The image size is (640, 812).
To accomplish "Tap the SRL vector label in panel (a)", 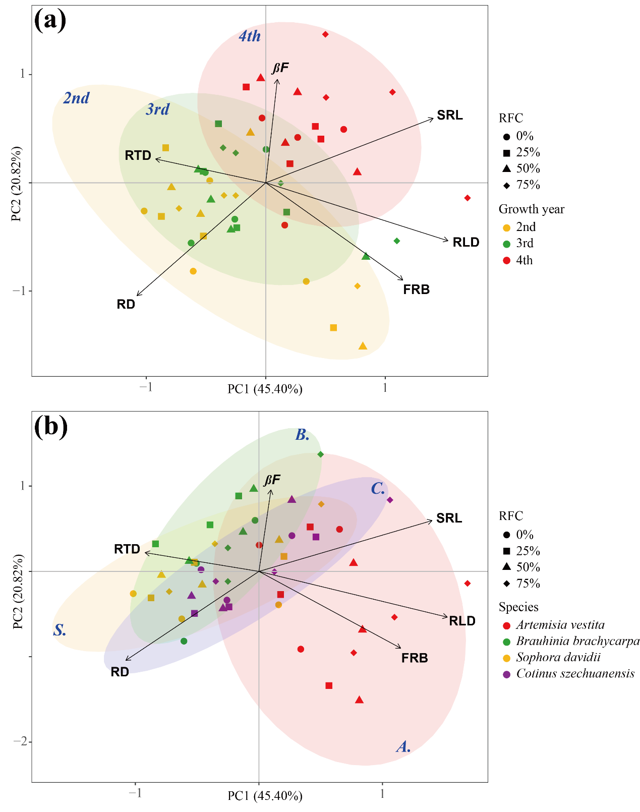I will pos(449,115).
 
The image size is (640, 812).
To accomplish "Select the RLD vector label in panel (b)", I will pos(462,621).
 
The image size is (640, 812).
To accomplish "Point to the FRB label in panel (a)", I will pos(416,290).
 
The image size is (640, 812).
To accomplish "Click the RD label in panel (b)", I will pos(120,672).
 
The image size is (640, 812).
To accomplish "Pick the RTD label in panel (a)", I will pos(138,155).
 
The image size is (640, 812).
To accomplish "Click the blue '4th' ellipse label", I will pos(250,36).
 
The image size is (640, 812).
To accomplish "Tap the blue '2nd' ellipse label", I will pos(76,98).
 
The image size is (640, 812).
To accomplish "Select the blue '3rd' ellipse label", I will pos(158,109).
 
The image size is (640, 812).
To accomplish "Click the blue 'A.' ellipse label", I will pos(403,747).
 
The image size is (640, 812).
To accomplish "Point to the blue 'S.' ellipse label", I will pos(60,630).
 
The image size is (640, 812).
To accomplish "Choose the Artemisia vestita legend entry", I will pos(560,625).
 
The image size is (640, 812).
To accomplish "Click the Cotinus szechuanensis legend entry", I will pos(575,674).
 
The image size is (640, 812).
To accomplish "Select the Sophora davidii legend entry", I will pos(558,658).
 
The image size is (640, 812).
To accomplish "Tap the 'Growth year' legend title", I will pos(531,209).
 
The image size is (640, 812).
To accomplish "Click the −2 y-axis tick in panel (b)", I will pos(20,741).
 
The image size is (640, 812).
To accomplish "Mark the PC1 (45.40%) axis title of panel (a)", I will pos(265,389).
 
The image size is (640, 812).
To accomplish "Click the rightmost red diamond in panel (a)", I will pos(468,198).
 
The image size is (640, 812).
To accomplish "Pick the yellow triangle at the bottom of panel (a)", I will pos(363,346).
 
